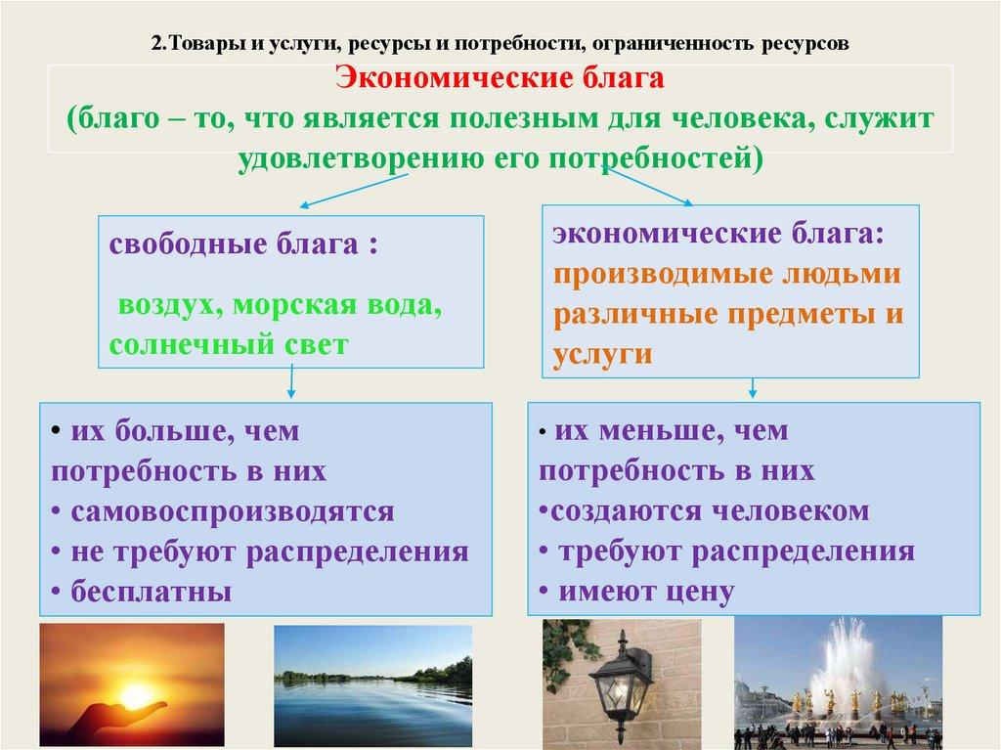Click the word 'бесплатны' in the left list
coord(147,592)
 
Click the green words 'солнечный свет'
coord(228,345)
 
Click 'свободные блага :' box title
coord(243,243)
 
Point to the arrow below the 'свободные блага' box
coord(291,382)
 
